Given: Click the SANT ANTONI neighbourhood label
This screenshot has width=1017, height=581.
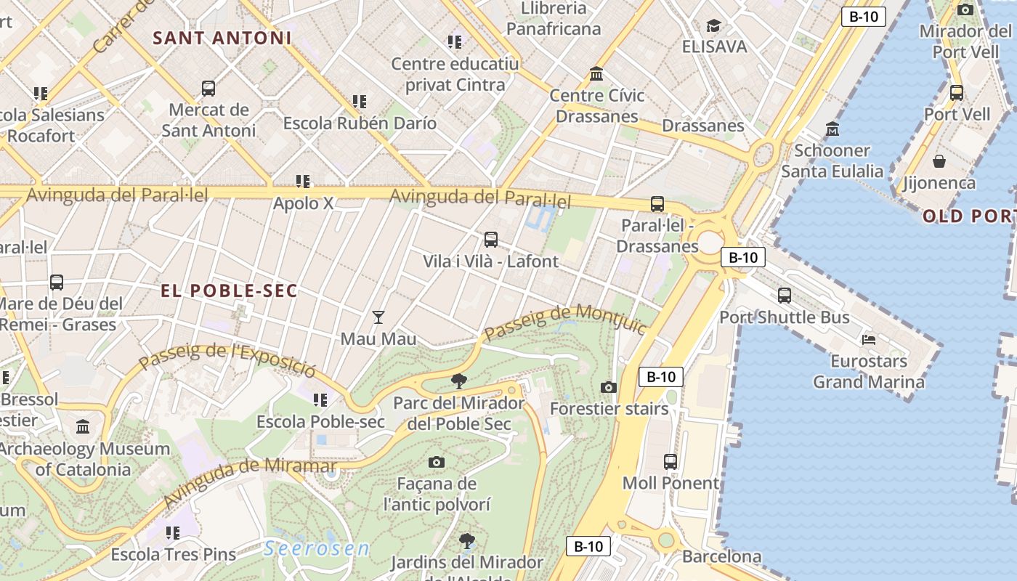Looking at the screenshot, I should click(222, 38).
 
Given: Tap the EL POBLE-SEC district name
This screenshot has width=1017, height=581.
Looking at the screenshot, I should click(230, 291).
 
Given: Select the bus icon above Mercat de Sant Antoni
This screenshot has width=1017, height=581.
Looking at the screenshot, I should click(208, 89).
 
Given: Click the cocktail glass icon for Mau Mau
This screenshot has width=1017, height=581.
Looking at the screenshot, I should click(378, 317).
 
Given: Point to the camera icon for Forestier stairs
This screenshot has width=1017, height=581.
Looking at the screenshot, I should click(609, 387).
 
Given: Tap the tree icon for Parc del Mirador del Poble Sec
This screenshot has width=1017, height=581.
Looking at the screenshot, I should click(459, 381).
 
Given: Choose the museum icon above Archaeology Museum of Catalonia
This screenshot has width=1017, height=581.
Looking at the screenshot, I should click(83, 426).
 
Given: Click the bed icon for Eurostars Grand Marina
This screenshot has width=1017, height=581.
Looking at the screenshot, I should click(869, 339).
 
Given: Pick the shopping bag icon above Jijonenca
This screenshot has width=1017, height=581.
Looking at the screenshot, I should click(939, 161).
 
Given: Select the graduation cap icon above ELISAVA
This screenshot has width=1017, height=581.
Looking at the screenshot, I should click(714, 26).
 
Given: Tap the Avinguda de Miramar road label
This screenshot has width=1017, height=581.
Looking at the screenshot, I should click(250, 482).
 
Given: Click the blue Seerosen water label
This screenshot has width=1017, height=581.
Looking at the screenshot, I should click(317, 549).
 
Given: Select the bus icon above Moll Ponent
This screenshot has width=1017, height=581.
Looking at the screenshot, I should click(670, 461).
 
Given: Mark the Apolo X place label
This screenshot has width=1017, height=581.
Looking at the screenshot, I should click(303, 203).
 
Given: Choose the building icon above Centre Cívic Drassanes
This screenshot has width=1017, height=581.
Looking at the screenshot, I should click(597, 73).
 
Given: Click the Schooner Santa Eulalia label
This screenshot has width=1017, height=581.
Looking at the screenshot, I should click(832, 161).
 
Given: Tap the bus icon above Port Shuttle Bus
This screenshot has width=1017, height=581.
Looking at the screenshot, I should click(785, 296).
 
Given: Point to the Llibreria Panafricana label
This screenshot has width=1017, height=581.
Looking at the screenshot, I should click(554, 19).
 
